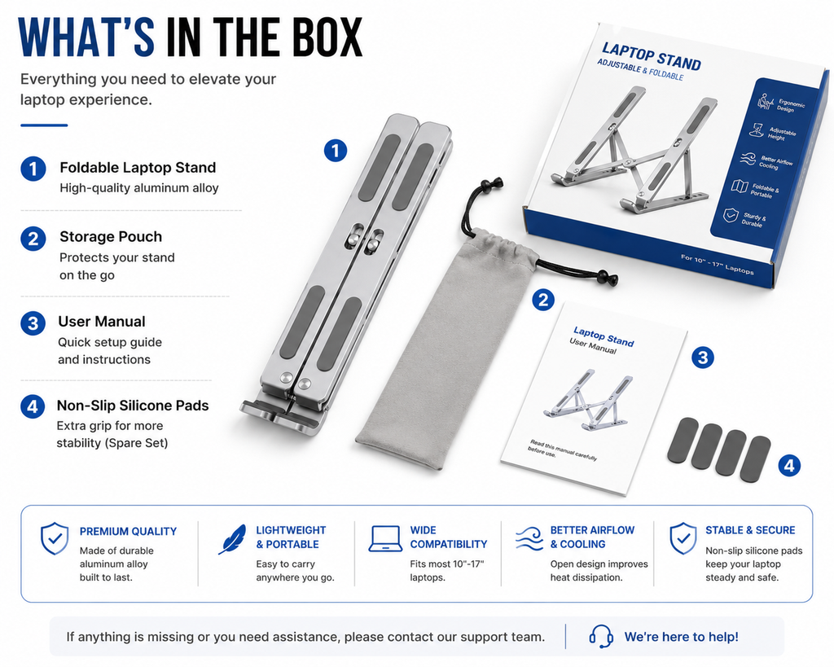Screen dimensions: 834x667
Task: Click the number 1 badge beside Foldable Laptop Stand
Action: tap(33, 169)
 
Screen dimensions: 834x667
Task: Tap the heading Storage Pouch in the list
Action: tap(111, 237)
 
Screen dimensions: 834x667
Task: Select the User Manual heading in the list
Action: tap(102, 322)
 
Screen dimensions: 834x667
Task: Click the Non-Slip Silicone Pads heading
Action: tap(133, 406)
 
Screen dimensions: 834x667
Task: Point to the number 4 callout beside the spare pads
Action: tap(789, 465)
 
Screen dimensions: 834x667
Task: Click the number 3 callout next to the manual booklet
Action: tap(703, 358)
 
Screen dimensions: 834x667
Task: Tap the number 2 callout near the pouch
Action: tap(543, 301)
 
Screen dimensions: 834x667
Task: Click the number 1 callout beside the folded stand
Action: tap(336, 151)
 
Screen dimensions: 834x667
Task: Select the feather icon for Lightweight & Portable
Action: tap(232, 539)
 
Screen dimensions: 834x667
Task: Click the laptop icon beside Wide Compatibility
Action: tap(385, 539)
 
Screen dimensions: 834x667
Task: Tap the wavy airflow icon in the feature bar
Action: tap(529, 539)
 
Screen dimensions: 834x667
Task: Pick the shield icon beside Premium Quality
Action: tap(55, 538)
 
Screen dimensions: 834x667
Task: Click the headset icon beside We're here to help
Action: tap(601, 637)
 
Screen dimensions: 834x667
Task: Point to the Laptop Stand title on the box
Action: tap(651, 56)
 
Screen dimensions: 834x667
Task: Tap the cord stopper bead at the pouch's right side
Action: tap(606, 279)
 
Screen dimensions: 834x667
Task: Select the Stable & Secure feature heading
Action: tap(750, 530)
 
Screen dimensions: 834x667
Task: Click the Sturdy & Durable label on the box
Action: tap(754, 220)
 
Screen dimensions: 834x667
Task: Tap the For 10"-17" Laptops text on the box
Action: tap(717, 264)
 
